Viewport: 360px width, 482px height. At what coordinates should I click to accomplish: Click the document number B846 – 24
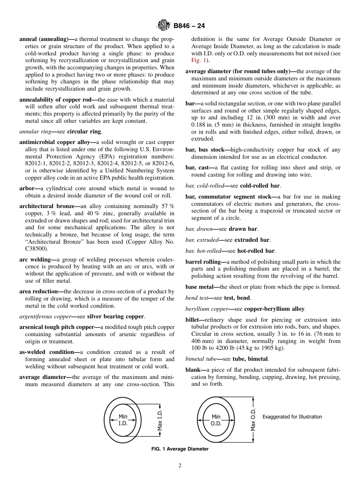(189, 26)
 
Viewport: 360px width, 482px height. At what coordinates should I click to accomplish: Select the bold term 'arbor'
(28, 188)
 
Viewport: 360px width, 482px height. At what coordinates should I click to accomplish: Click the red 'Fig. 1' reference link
(199, 61)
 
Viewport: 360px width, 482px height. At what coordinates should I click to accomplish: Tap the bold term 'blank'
(194, 370)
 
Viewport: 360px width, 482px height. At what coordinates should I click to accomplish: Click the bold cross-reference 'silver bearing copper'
(115, 316)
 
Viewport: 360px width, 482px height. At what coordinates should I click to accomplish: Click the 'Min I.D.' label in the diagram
(123, 420)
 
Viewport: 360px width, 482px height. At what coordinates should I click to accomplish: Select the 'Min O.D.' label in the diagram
(216, 420)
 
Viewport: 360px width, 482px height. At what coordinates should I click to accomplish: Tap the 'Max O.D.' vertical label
(253, 420)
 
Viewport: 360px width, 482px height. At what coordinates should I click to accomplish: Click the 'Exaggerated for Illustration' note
(292, 417)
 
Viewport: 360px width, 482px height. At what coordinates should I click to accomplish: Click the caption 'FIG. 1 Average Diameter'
(180, 449)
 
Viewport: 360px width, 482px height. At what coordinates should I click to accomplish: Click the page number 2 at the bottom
(180, 466)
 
